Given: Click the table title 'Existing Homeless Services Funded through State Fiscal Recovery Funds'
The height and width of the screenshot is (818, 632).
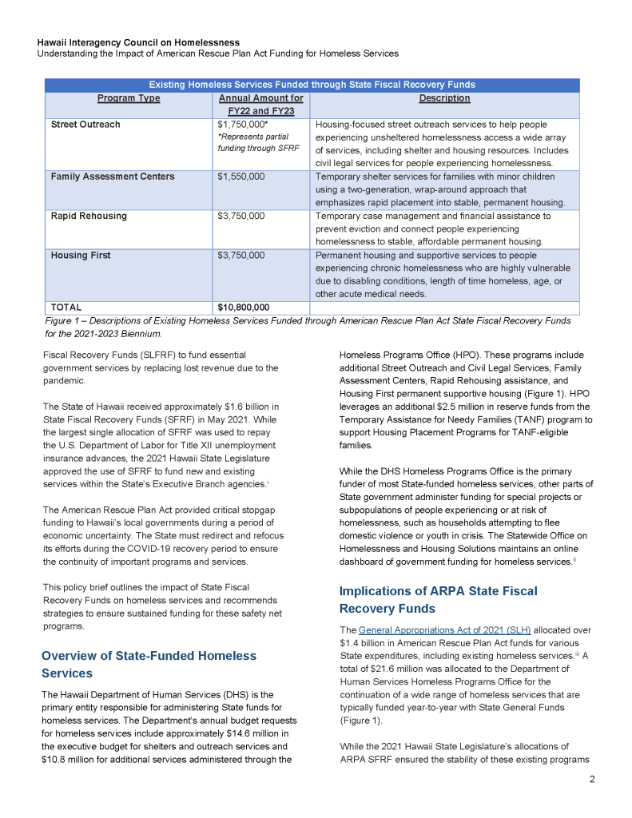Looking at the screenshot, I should coord(312,85).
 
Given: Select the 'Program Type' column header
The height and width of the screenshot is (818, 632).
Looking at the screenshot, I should coord(128,98).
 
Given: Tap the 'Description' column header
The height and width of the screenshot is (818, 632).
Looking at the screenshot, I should coord(443,98).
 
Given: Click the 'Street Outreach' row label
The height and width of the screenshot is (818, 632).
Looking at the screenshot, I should coord(85,125).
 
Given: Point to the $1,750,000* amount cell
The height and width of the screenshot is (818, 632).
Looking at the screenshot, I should coord(243,125).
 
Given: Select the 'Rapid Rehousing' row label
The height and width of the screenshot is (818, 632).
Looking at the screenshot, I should coord(89,216).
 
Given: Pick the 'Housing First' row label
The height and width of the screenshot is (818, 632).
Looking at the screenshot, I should coord(81,256).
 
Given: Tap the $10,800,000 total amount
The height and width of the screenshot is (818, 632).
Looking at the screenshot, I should coord(243,307).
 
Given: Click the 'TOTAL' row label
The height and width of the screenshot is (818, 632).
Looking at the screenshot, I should coord(66,307).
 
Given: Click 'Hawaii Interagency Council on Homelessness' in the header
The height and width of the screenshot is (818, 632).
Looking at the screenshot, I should coord(138,42).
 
